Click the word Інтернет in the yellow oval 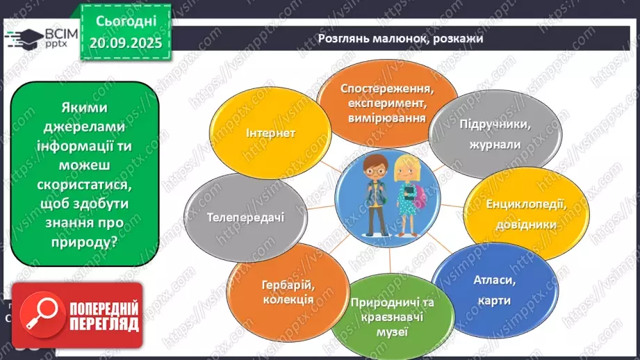click(270, 133)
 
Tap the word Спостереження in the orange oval click(387, 89)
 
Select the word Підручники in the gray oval click(486, 125)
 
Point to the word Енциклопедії click(516, 205)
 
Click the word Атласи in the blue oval click(493, 281)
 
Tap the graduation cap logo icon click(22, 38)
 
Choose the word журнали click(486, 145)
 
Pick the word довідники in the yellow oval click(516, 224)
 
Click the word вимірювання click(387, 118)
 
